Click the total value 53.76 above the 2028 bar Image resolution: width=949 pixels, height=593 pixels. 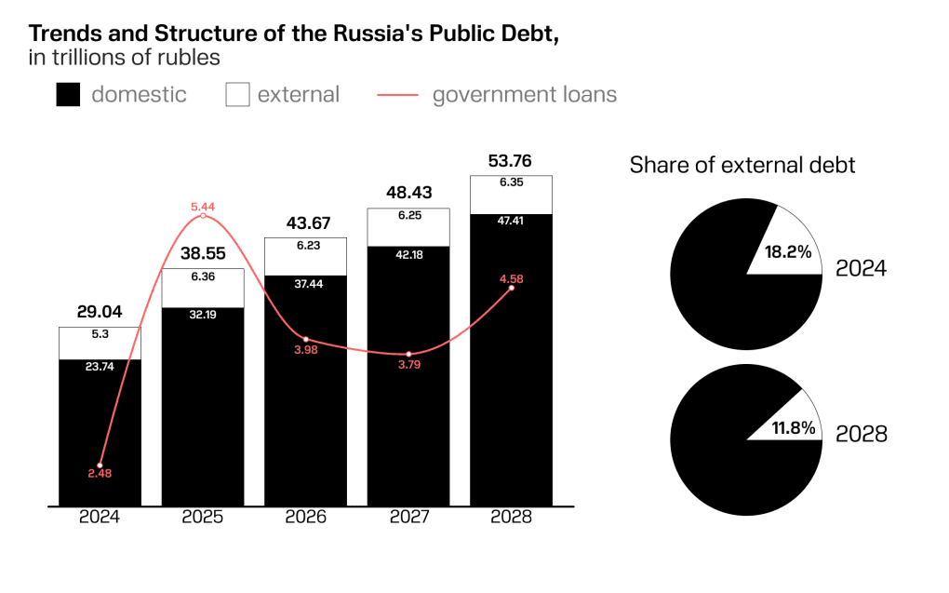click(510, 159)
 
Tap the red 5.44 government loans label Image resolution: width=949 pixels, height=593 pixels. click(203, 206)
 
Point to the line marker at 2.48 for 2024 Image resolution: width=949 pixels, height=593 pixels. click(100, 465)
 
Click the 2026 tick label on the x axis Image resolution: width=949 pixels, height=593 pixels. click(305, 518)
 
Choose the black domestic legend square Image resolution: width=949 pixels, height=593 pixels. click(68, 95)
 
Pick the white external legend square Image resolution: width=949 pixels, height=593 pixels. click(238, 95)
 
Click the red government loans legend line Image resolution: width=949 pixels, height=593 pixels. click(397, 95)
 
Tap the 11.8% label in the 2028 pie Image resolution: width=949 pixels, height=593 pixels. click(793, 428)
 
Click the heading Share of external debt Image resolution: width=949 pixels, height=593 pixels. click(742, 166)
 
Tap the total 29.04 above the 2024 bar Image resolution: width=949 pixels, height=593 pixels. click(100, 312)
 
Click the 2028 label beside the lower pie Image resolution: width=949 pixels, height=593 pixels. click(861, 434)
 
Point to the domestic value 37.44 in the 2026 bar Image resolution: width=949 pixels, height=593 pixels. click(305, 286)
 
